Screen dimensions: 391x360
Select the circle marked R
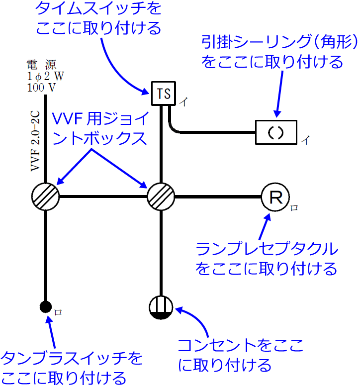tap(275, 197)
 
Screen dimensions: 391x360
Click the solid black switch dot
tap(45, 306)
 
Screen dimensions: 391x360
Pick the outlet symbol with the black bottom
tap(161, 308)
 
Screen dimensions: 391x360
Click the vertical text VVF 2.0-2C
tap(35, 142)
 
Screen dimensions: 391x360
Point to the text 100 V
tap(41, 88)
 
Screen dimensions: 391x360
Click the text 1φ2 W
tap(45, 76)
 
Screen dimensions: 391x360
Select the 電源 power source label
tap(42, 65)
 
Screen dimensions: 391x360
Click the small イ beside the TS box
tap(183, 102)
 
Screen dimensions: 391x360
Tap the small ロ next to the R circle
tap(294, 208)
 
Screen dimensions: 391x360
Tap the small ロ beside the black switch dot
tap(58, 312)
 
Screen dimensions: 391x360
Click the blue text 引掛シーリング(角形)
tap(279, 42)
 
